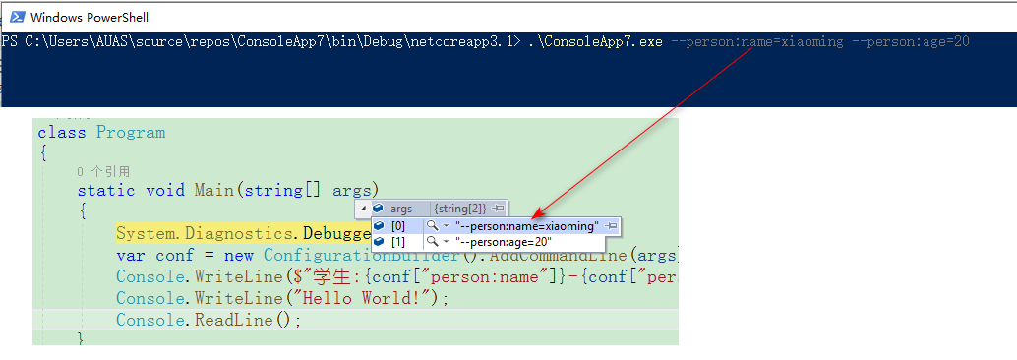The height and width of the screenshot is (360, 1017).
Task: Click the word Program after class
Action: [131, 133]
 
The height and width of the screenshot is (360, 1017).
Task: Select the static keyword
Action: [106, 191]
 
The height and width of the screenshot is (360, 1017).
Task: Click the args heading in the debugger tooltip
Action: [401, 209]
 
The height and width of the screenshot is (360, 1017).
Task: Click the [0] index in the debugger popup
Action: [398, 226]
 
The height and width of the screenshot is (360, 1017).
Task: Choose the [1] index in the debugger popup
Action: [398, 242]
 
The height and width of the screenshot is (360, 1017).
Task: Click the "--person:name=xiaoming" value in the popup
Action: [526, 226]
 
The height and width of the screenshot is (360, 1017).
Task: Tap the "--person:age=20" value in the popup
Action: [503, 242]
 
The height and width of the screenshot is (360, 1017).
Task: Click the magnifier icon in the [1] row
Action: [431, 242]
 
